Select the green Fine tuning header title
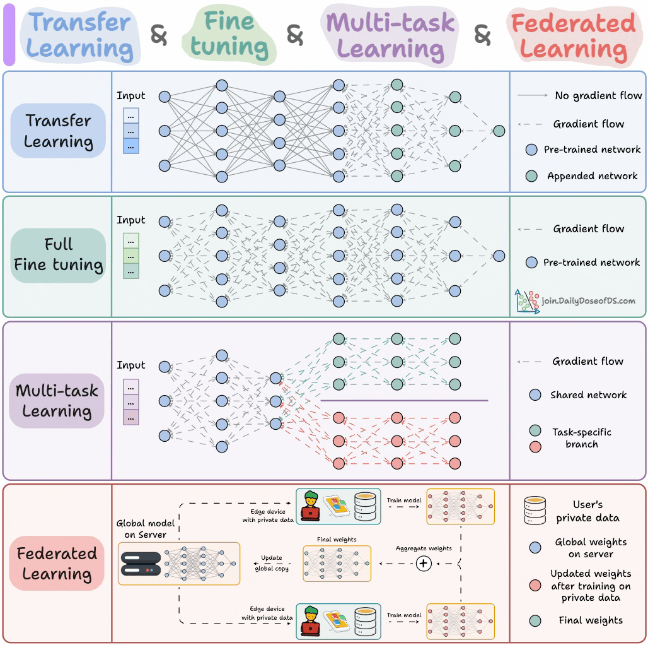[229, 35]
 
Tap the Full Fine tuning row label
[59, 255]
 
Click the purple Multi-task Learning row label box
[57, 401]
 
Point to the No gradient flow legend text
[598, 96]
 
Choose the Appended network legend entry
[592, 176]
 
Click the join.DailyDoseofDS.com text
[588, 301]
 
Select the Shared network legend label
[588, 395]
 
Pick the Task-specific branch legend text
[581, 438]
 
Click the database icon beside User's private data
[536, 511]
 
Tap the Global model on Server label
[146, 529]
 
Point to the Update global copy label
[272, 564]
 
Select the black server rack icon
[139, 563]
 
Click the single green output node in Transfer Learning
[499, 131]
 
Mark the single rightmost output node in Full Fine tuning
[499, 256]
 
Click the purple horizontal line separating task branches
[404, 401]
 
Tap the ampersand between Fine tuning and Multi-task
[294, 35]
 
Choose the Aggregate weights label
[424, 548]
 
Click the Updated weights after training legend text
[591, 586]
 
